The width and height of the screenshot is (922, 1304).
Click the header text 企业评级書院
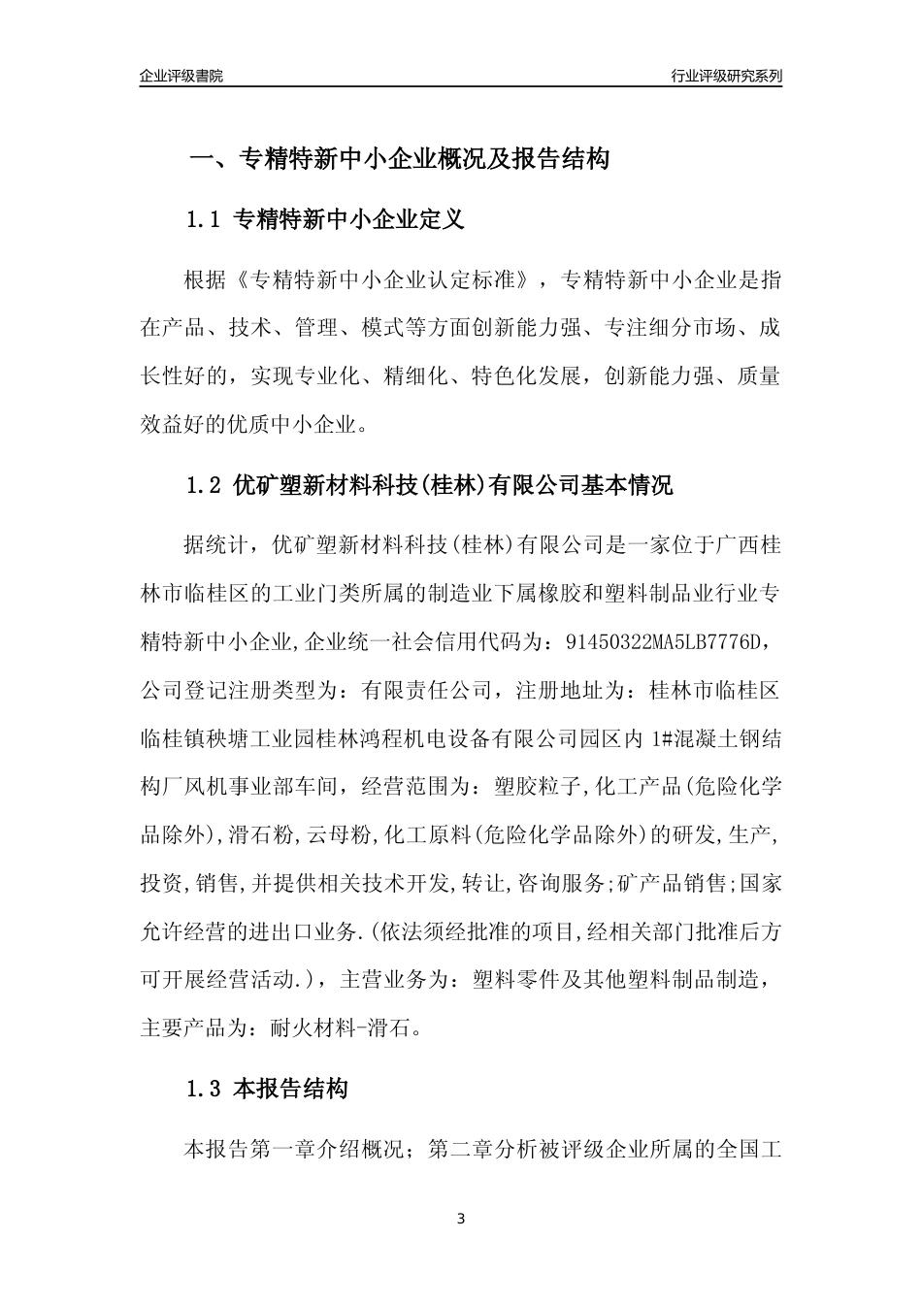pos(181,76)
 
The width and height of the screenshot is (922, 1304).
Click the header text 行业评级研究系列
pos(726,76)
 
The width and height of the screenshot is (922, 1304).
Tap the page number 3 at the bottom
pos(461,1219)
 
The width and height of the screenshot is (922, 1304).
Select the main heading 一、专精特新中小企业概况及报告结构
pos(398,159)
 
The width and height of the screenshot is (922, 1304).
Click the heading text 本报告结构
pos(291,1090)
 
